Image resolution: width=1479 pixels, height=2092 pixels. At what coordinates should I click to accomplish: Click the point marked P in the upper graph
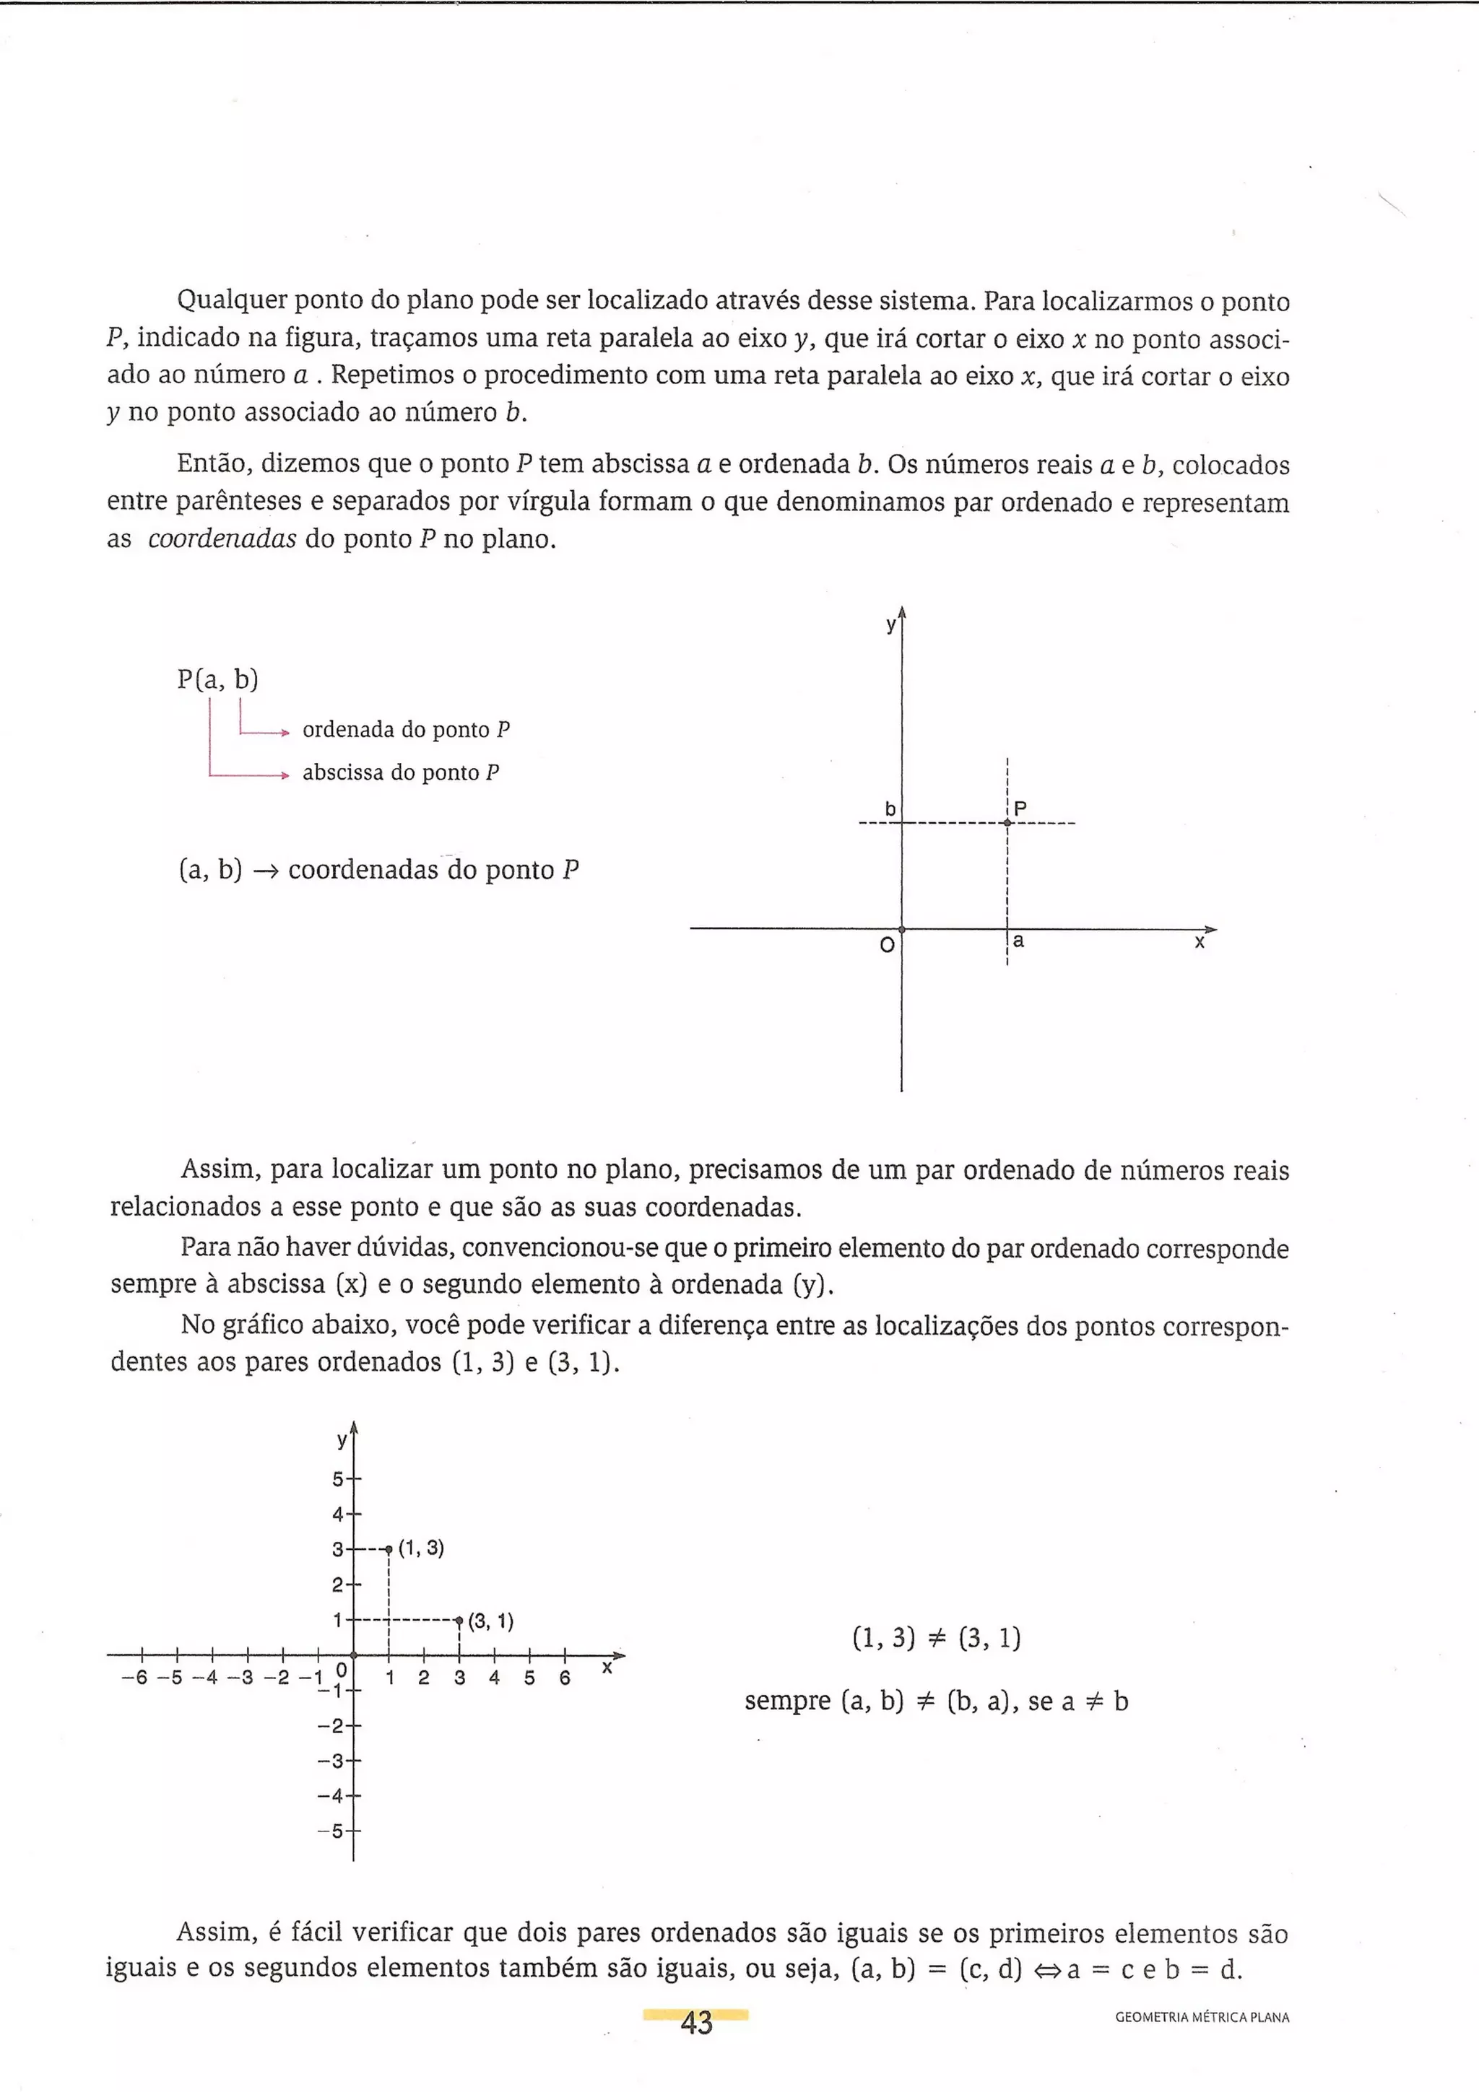point(1007,823)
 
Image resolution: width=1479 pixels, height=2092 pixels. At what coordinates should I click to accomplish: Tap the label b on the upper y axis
point(890,809)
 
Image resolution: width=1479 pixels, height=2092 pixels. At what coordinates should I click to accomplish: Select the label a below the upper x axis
point(1019,941)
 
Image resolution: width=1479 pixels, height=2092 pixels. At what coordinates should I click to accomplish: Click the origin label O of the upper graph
point(887,946)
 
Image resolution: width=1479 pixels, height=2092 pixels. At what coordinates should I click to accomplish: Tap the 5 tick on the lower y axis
point(339,1479)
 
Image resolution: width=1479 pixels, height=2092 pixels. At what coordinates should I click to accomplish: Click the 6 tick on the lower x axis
point(565,1678)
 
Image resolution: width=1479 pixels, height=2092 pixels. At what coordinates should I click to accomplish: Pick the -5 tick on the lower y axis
point(334,1831)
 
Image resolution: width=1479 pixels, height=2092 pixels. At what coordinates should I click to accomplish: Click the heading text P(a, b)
point(218,680)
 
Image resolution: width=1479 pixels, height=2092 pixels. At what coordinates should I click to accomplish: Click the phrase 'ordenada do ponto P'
point(406,730)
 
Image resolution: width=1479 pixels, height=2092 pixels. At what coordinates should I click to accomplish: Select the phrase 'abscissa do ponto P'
point(400,772)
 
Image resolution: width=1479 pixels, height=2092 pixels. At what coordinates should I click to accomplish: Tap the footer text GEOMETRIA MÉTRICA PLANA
point(1202,2017)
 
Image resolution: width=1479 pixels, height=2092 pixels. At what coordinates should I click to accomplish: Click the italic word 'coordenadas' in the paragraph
point(222,539)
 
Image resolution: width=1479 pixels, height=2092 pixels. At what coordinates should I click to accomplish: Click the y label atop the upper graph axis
point(891,625)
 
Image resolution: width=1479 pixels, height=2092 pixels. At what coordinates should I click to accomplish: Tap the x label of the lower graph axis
point(607,1667)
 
